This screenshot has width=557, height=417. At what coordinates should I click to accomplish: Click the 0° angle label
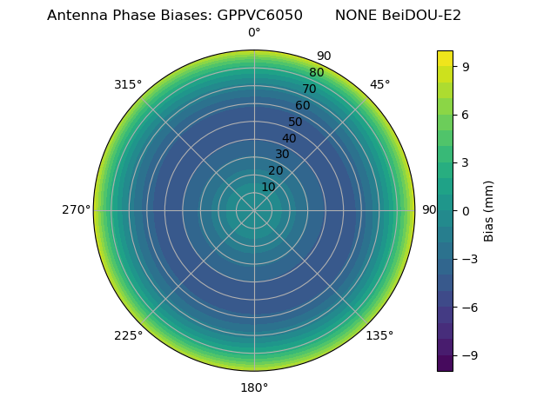click(x=254, y=33)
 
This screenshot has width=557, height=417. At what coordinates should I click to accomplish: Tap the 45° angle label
click(x=380, y=84)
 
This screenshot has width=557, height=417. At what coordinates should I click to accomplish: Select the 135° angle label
click(x=379, y=335)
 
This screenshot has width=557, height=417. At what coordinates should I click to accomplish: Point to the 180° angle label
click(x=254, y=387)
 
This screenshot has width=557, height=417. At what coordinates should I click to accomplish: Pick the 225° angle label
click(x=128, y=335)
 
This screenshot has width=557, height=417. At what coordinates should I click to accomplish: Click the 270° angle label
click(x=77, y=210)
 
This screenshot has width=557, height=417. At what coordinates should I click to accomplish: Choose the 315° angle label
click(x=128, y=84)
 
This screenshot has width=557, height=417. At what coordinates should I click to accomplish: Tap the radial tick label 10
click(x=268, y=187)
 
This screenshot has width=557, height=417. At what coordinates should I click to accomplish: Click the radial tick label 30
click(x=282, y=155)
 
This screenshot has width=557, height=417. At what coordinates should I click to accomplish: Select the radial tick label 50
click(x=296, y=122)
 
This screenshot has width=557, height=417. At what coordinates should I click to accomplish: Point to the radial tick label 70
click(x=309, y=89)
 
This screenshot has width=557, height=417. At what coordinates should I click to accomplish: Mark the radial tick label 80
click(x=316, y=73)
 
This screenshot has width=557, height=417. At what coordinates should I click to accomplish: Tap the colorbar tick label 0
click(x=466, y=210)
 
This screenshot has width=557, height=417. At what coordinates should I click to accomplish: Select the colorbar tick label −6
click(x=466, y=307)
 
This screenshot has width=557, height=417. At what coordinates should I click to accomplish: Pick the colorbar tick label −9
click(x=466, y=355)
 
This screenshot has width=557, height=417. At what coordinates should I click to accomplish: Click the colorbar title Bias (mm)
click(x=489, y=210)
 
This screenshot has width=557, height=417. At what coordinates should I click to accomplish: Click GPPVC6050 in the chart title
click(x=260, y=16)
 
